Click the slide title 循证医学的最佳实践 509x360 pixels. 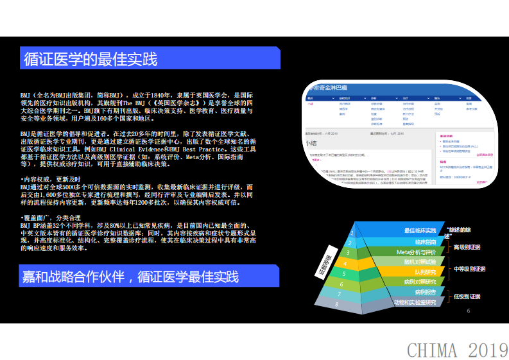point(91,60)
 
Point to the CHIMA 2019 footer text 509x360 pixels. point(457,350)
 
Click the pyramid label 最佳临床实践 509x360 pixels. point(420,230)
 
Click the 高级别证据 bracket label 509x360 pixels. point(467,247)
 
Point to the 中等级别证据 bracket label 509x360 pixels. point(470,269)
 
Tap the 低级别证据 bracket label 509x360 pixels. point(467,296)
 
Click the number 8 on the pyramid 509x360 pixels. point(336,304)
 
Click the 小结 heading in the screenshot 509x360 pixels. point(312,144)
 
